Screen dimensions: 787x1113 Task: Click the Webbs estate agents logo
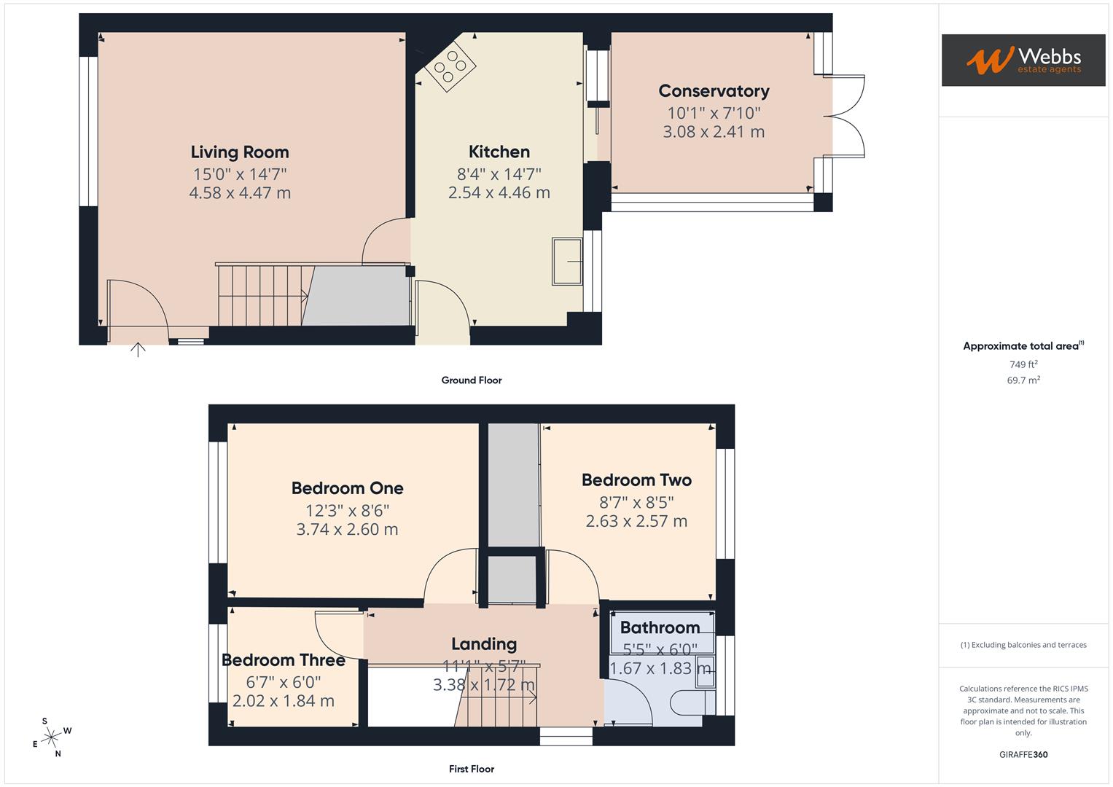(x=1023, y=60)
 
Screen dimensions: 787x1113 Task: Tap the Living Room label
(x=240, y=152)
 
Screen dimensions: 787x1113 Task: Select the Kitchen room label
(x=499, y=152)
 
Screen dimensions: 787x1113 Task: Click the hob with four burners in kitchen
(x=450, y=66)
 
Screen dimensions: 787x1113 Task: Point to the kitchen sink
(x=567, y=261)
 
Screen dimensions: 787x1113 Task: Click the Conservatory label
(x=714, y=91)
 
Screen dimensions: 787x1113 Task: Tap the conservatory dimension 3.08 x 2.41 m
(x=714, y=132)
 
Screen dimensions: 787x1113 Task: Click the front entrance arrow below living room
(x=138, y=350)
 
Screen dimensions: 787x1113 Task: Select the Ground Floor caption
(x=472, y=380)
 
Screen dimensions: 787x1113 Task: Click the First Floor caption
(x=472, y=769)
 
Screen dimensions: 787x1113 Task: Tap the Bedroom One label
(x=347, y=488)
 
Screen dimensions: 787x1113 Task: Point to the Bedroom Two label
(x=636, y=480)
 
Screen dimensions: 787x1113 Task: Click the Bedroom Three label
(x=283, y=660)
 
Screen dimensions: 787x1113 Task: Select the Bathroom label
(x=660, y=627)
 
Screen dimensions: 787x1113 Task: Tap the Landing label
(x=484, y=644)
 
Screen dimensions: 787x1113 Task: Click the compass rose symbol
(x=51, y=737)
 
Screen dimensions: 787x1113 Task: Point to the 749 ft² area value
(x=1023, y=364)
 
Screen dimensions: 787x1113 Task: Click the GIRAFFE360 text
(x=1023, y=754)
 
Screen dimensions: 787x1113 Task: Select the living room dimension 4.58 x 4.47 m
(x=240, y=193)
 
